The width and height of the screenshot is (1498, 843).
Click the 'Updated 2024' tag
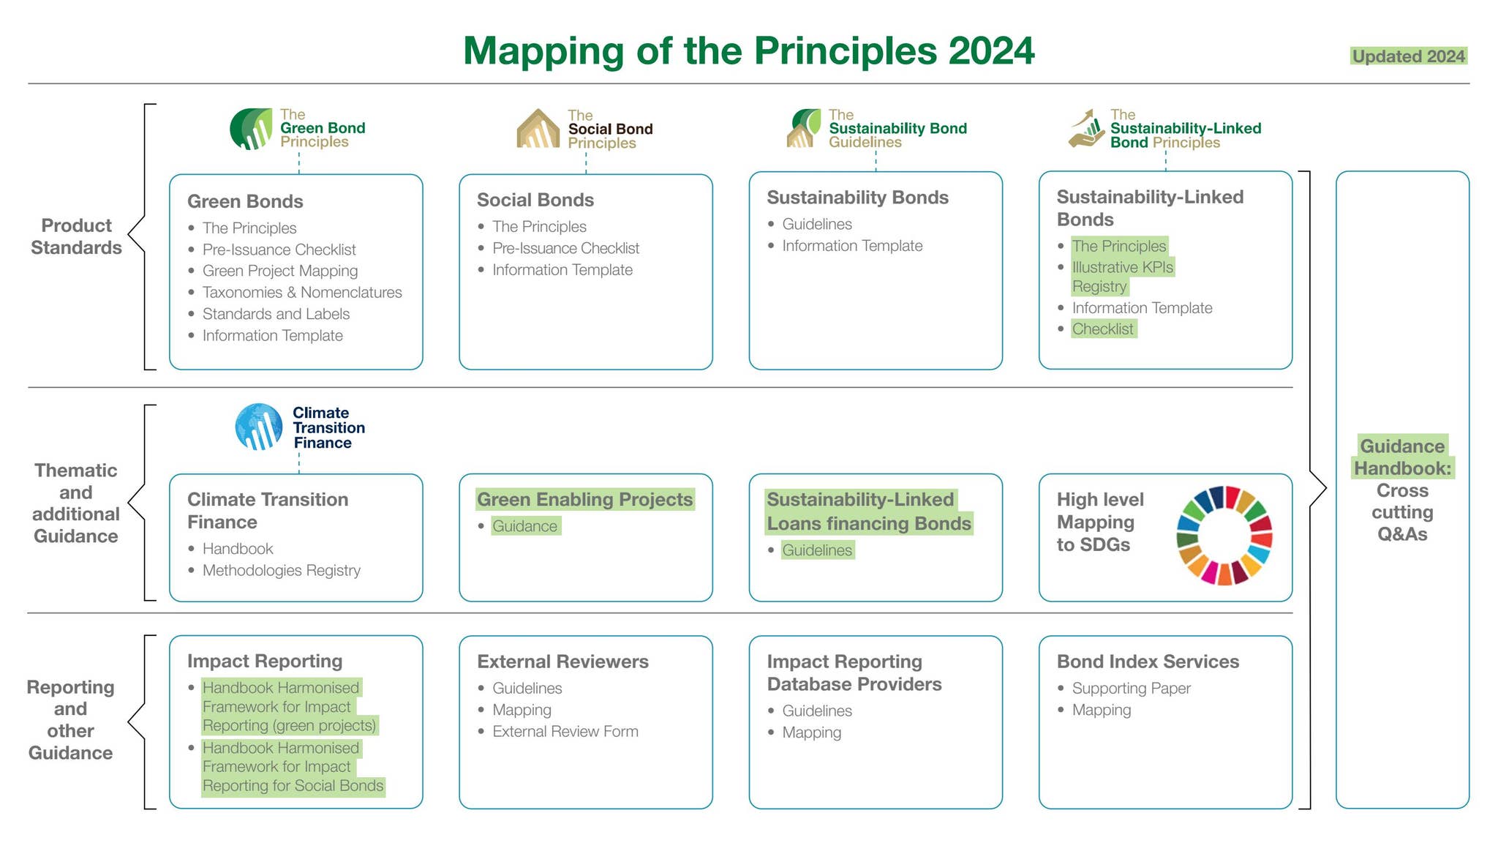click(1408, 56)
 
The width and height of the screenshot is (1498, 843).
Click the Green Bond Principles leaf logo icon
click(251, 129)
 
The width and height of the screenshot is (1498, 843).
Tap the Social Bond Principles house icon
click(538, 130)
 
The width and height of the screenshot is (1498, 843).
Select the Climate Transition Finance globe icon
click(259, 427)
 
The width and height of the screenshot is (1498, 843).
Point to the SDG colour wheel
click(1224, 536)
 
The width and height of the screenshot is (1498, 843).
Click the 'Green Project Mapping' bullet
click(279, 271)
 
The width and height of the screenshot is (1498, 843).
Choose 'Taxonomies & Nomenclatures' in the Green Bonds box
click(301, 293)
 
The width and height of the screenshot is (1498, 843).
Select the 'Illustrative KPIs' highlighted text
click(1122, 267)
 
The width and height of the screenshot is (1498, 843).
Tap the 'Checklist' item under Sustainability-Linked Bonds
click(1102, 329)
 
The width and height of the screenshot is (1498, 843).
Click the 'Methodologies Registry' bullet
click(281, 570)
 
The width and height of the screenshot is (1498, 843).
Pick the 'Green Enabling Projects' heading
click(584, 500)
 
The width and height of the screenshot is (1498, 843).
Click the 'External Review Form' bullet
click(565, 731)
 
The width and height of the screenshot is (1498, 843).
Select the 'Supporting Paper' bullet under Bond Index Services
click(1131, 688)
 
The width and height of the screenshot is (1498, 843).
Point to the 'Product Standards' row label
click(76, 236)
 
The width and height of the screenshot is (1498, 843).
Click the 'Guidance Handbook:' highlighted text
click(1402, 457)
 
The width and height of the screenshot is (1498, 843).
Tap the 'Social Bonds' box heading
click(535, 200)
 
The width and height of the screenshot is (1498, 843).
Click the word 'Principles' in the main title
click(845, 51)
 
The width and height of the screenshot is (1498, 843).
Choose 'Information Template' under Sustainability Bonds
click(851, 246)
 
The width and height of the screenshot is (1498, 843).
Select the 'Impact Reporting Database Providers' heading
click(854, 672)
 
